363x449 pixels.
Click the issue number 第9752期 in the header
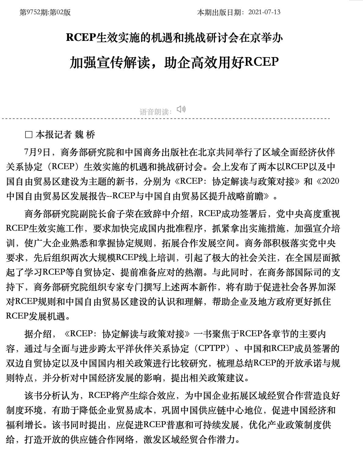click(34, 12)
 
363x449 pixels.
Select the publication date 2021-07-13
click(264, 12)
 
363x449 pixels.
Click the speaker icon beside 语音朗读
click(181, 109)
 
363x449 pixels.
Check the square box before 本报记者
click(29, 135)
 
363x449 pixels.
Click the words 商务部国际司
click(295, 272)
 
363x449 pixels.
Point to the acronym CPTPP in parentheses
click(212, 348)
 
